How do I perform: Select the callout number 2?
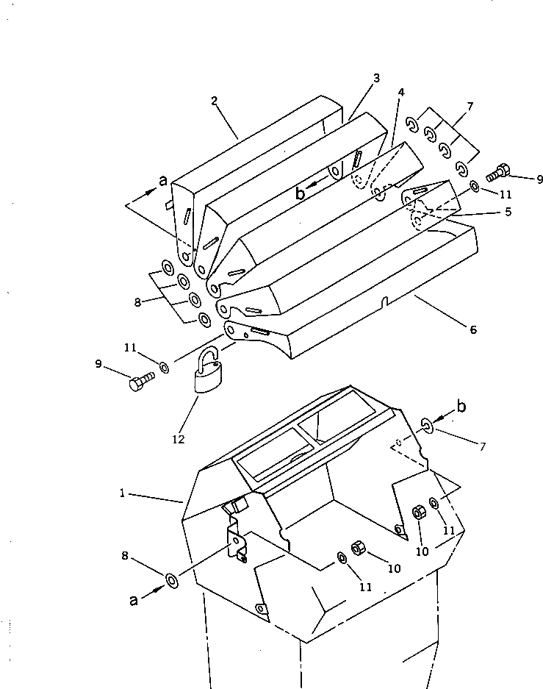point(215,101)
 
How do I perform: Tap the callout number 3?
point(375,78)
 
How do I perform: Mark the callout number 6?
point(473,330)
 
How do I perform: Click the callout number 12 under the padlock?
point(178,440)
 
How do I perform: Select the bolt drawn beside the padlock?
point(140,382)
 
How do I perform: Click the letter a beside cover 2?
point(163,180)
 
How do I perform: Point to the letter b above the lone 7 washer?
point(461,407)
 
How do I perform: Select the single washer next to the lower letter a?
point(171,581)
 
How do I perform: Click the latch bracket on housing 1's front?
point(237,540)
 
